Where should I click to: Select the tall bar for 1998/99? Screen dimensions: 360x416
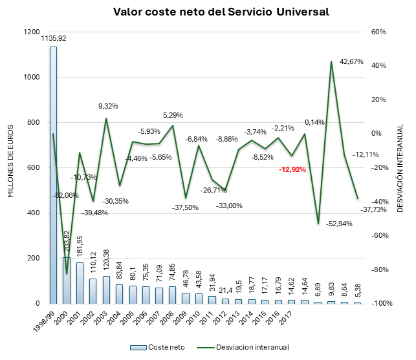tap(53, 175)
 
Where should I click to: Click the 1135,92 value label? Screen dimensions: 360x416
tap(54, 39)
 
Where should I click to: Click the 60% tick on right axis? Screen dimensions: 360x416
tap(378, 32)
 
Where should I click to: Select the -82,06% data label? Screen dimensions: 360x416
tap(66, 195)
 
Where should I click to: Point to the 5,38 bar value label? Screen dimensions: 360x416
tap(357, 290)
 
